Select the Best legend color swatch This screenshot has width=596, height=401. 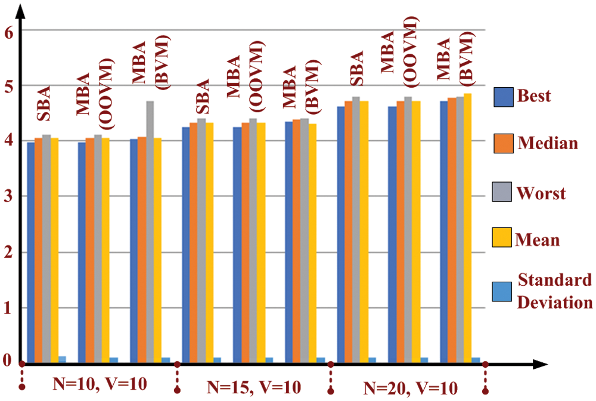tap(503, 97)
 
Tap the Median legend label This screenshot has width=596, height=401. tap(548, 143)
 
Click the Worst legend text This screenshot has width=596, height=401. tap(542, 193)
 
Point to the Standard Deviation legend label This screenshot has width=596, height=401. tap(554, 291)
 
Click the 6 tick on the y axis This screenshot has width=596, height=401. tap(8, 31)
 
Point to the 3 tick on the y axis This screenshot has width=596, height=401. tap(8, 196)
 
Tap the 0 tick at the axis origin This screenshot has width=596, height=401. tap(8, 360)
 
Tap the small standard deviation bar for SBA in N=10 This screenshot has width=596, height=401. tap(62, 359)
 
